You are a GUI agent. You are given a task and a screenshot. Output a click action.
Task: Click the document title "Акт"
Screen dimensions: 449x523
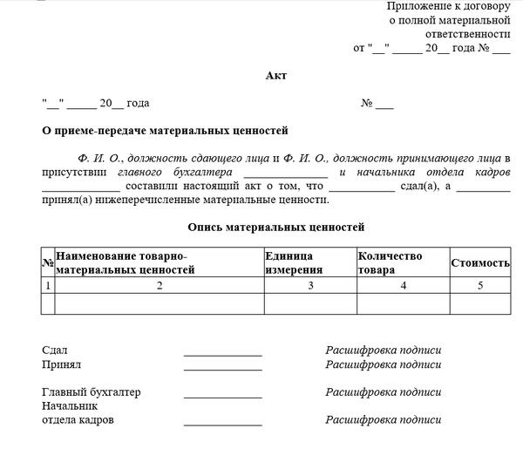click(275, 76)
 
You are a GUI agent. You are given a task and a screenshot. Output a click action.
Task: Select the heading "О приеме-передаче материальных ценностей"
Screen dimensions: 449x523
click(165, 131)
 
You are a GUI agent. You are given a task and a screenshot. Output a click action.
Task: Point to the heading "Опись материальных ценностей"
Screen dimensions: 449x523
click(275, 228)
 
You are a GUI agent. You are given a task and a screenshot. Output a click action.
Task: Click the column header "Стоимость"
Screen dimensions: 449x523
click(480, 262)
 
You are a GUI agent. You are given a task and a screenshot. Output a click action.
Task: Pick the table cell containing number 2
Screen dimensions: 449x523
click(159, 285)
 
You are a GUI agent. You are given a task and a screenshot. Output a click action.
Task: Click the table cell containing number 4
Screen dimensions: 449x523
click(402, 285)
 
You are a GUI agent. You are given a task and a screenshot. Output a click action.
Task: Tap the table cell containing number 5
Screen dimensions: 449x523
click(480, 285)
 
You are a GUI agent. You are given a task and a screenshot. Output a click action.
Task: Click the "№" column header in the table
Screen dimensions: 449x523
click(47, 262)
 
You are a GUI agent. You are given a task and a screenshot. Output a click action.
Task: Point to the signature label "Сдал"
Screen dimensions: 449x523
click(55, 350)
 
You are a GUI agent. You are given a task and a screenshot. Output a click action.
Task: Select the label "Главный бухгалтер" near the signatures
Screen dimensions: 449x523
click(92, 392)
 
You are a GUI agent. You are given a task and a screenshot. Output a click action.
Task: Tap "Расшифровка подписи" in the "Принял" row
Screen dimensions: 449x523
click(384, 364)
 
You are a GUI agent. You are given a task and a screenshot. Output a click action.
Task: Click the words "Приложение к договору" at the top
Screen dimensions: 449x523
click(448, 6)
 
